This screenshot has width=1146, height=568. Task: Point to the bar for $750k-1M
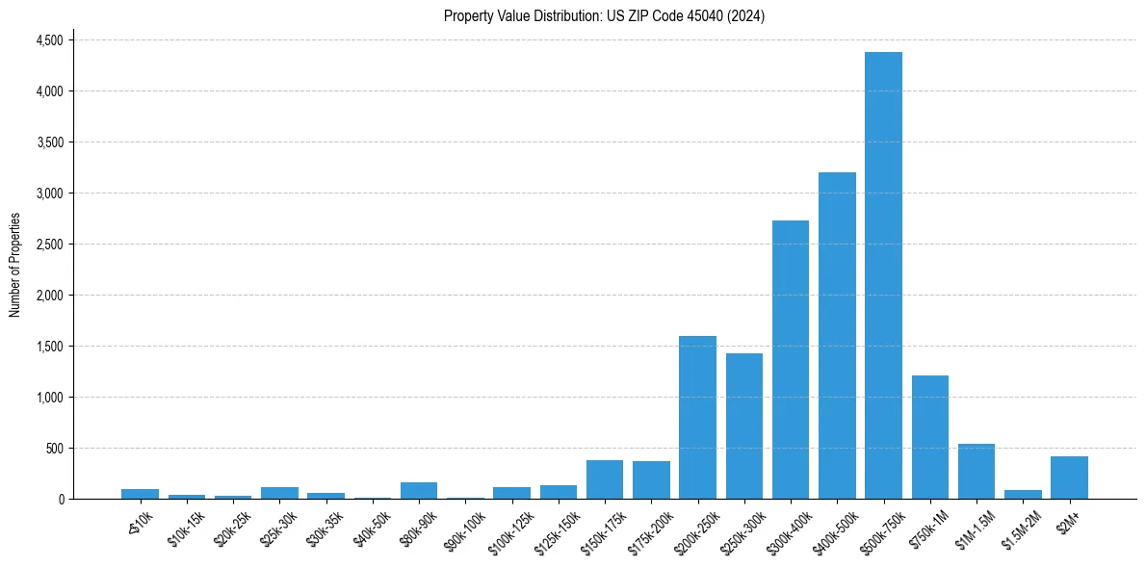tap(930, 437)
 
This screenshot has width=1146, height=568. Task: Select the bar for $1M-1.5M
tap(977, 472)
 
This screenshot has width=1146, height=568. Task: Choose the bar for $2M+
tap(1069, 478)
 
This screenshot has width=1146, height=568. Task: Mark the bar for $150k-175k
tap(605, 479)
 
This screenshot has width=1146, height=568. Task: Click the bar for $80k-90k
tap(419, 490)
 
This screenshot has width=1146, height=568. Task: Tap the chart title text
tap(604, 15)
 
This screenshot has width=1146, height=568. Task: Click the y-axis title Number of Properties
tap(15, 265)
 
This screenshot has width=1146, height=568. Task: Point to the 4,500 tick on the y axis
tap(49, 40)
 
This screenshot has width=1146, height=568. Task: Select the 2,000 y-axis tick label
tap(49, 295)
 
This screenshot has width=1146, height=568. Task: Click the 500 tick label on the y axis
tap(54, 448)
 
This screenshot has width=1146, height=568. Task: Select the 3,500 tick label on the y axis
tap(49, 142)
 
